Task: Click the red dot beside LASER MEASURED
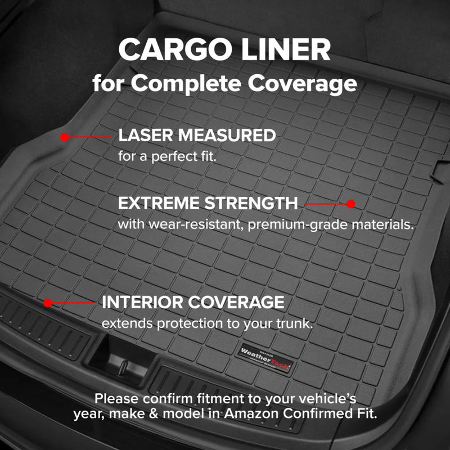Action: click(65, 137)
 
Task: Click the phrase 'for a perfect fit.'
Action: click(167, 156)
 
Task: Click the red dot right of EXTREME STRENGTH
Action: click(351, 204)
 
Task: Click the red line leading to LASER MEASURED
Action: click(90, 137)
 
